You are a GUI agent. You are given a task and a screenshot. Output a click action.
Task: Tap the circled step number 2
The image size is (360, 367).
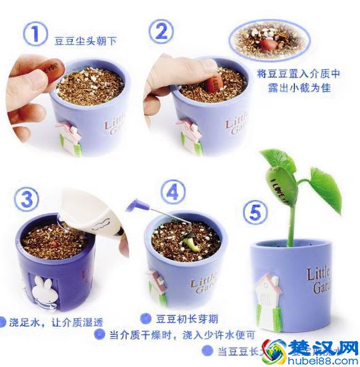coord(160,30)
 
